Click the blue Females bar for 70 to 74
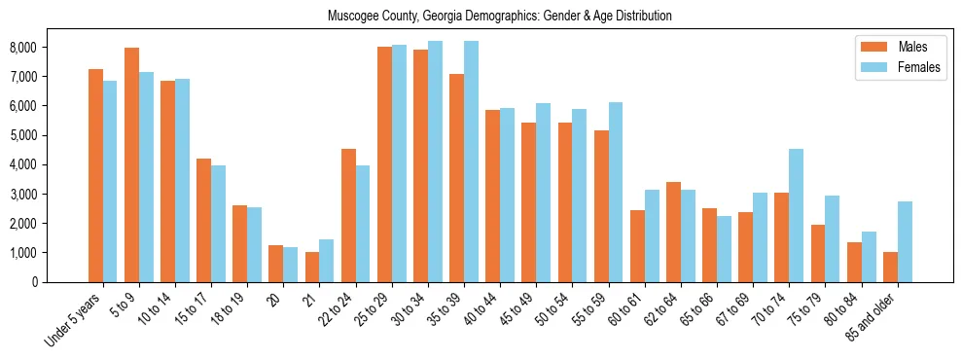pos(796,215)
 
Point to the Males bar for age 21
pos(312,267)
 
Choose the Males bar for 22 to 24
pos(348,215)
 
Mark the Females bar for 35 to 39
pos(471,162)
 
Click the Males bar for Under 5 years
pos(95,175)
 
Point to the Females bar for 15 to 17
pos(219,224)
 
